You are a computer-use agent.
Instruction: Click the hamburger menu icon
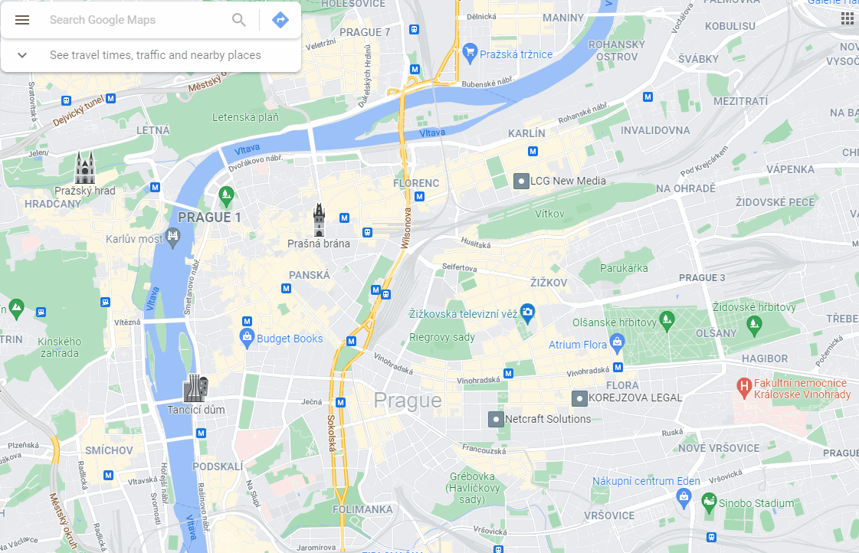[x=22, y=20]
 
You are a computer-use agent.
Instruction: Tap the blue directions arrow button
[x=280, y=20]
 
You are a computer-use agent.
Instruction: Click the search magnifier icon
[x=239, y=20]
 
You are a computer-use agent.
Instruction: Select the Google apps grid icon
[x=848, y=18]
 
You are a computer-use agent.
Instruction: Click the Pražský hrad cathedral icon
[x=85, y=168]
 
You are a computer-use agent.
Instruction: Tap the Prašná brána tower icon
[x=319, y=221]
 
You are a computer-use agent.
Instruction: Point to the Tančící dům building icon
[x=195, y=388]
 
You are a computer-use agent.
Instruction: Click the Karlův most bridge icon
[x=172, y=239]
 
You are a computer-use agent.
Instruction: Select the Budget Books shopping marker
[x=247, y=337]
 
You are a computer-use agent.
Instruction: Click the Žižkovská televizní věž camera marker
[x=527, y=312]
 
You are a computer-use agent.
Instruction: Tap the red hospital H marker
[x=743, y=388]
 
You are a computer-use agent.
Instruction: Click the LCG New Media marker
[x=521, y=182]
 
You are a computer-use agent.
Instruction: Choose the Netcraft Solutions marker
[x=496, y=419]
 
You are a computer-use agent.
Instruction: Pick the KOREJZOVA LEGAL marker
[x=580, y=398]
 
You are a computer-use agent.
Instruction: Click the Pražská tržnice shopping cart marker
[x=470, y=54]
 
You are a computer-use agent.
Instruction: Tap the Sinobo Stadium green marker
[x=710, y=502]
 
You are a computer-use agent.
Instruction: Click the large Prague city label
[x=408, y=401]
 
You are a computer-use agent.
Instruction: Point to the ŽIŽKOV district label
[x=549, y=283]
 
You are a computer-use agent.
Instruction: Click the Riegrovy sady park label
[x=442, y=337]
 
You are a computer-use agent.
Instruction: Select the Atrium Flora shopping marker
[x=617, y=342]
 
